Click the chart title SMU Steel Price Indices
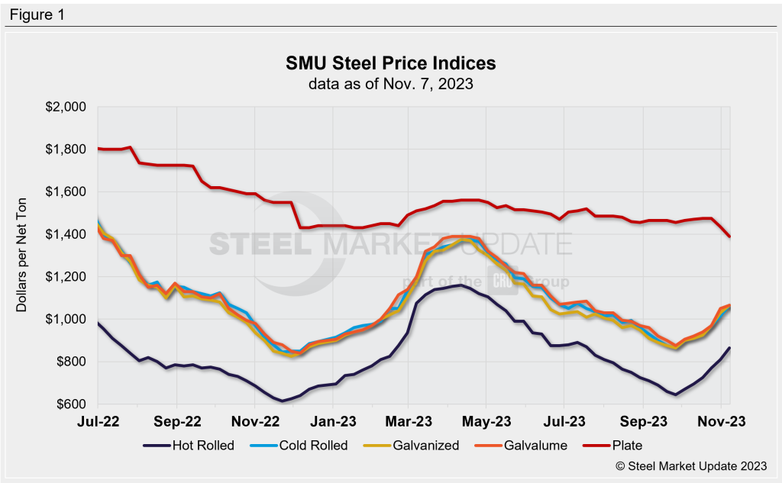(390, 62)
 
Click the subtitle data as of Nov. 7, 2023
(390, 84)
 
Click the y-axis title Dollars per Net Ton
(22, 256)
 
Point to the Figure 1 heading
(37, 14)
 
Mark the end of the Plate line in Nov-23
(730, 237)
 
